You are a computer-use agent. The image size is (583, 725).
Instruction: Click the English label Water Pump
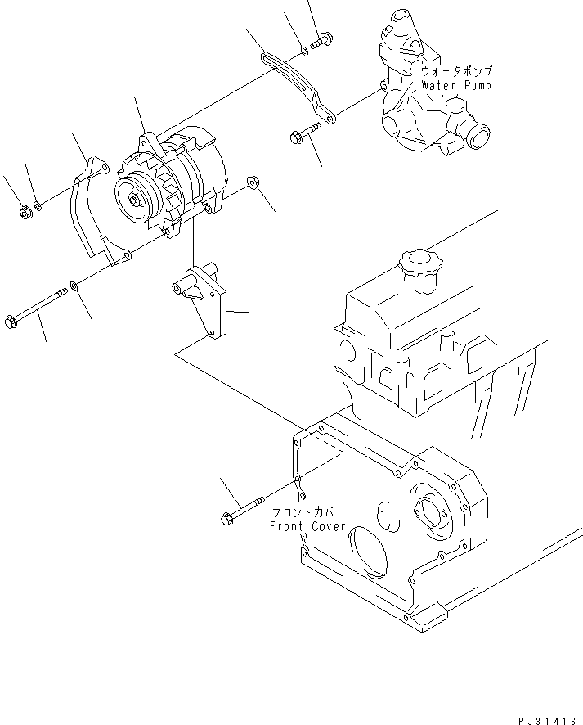coord(455,84)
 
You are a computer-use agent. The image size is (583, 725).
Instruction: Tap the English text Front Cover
coord(307,526)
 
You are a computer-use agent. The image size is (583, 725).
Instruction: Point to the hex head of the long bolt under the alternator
coord(11,322)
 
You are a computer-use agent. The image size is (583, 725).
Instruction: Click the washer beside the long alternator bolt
coord(74,286)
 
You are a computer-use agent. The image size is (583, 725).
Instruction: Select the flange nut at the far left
coord(24,215)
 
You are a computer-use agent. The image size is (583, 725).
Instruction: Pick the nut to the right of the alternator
coord(253,181)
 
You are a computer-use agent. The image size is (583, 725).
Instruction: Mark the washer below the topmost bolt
coord(304,51)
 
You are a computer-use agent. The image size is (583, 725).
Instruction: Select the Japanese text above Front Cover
coord(307,513)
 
